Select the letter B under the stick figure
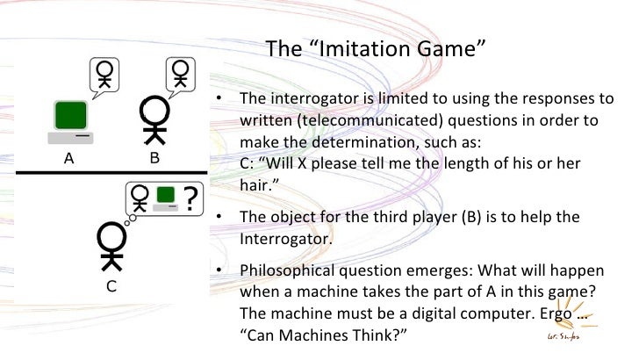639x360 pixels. point(154,160)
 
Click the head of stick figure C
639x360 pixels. point(110,237)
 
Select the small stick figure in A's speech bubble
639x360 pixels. point(105,73)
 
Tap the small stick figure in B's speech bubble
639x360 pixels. point(183,73)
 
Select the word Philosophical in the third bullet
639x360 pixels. point(282,269)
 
